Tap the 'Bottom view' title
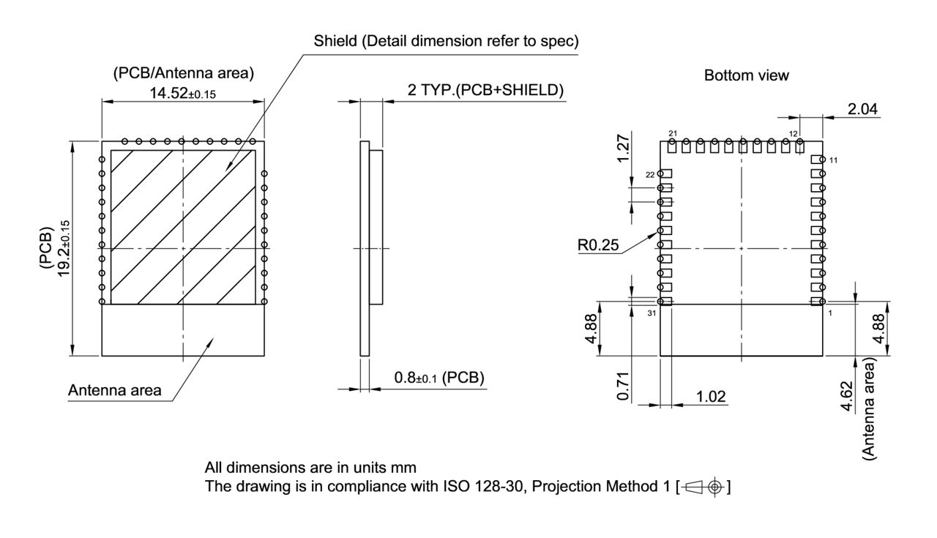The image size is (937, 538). point(746,75)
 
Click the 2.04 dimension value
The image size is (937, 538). point(864,110)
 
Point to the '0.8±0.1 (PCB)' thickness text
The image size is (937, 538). point(439,378)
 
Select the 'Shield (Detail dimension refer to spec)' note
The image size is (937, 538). point(446,42)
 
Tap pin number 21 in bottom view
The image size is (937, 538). point(673,133)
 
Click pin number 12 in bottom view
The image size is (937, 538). point(794,133)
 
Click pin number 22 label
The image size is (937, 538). point(650,174)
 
